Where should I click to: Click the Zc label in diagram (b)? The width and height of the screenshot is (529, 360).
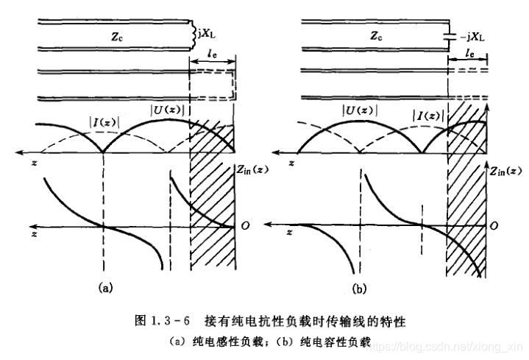pos(376,35)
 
